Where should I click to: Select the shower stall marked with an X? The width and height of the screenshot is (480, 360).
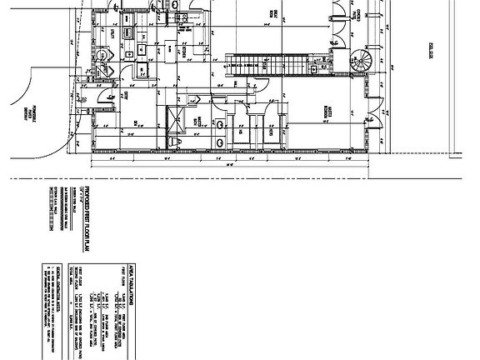(177, 120)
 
